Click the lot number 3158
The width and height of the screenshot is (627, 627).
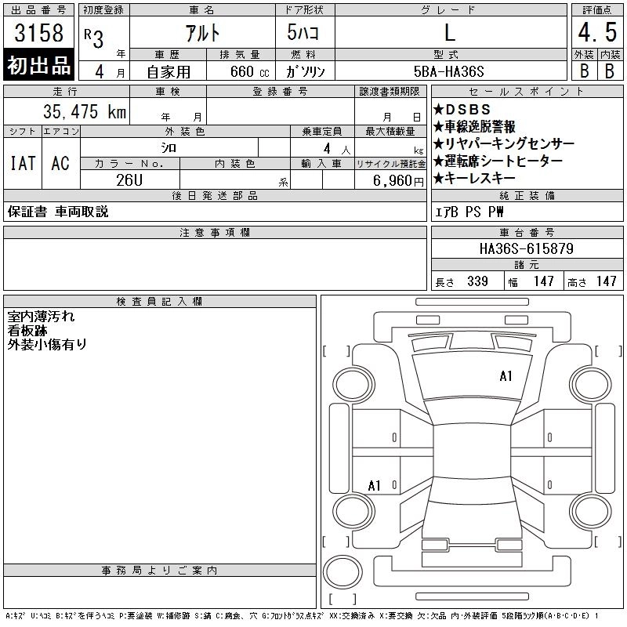click(38, 32)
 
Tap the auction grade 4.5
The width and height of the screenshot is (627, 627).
click(597, 32)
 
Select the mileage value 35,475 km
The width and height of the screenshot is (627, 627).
click(85, 111)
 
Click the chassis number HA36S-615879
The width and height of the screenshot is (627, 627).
click(527, 248)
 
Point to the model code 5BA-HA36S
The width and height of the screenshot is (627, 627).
click(448, 71)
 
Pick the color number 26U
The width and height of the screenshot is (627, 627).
click(129, 180)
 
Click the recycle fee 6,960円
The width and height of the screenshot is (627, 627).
click(398, 181)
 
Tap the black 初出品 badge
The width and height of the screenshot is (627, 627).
click(38, 64)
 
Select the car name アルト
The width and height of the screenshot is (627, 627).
click(202, 33)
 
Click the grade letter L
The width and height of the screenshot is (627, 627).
click(450, 32)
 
